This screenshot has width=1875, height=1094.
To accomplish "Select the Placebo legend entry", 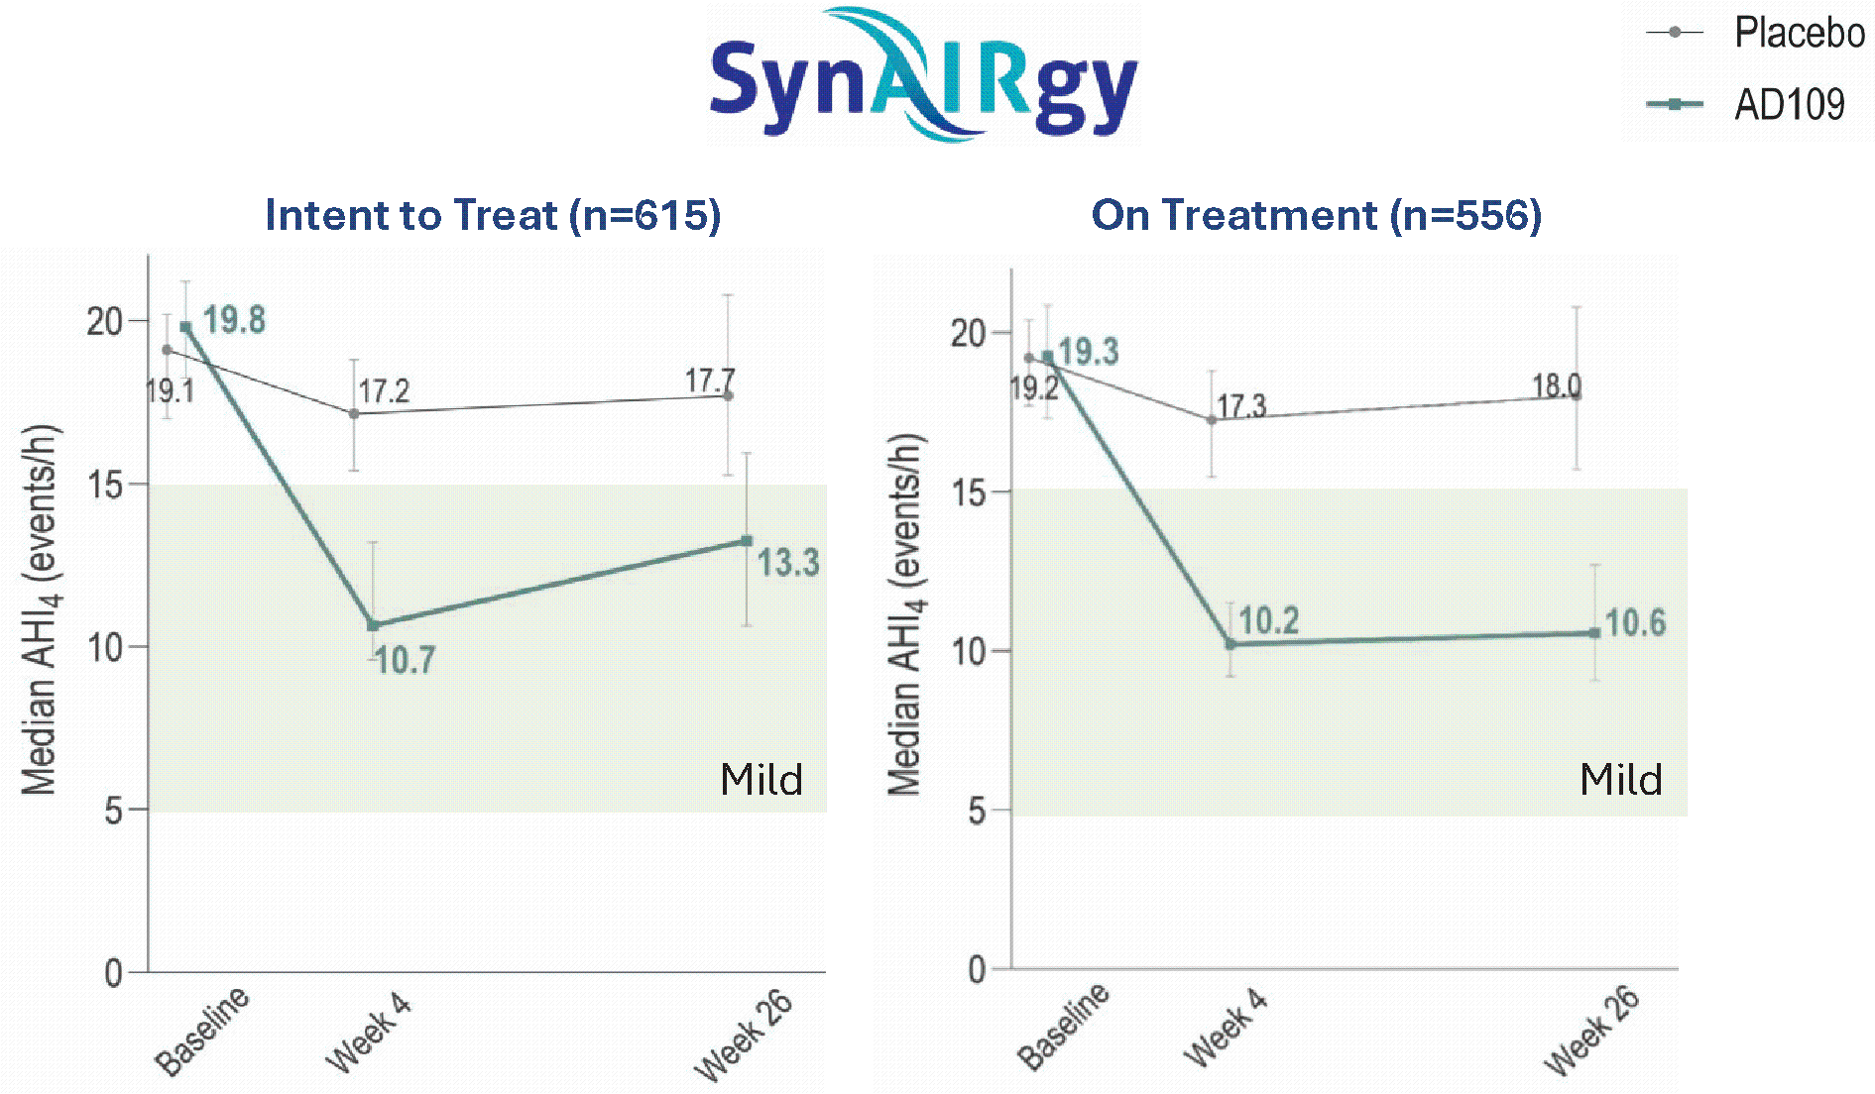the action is (1755, 33).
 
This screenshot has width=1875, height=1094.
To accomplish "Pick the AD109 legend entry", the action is (1745, 104).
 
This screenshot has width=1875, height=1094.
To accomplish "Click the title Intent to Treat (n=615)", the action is (493, 215).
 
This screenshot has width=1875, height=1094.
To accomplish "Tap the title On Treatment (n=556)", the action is (1317, 215).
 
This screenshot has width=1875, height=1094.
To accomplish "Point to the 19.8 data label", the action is (235, 320).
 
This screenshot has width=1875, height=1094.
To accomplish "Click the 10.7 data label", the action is (405, 660).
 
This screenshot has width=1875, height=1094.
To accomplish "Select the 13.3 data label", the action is (788, 563).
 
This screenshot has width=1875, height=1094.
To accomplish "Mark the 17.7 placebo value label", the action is (710, 381).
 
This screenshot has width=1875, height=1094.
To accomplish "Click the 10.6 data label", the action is (1636, 622).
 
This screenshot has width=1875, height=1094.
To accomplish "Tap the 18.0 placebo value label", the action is (1557, 385).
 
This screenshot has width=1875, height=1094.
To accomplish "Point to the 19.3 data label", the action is (1089, 351).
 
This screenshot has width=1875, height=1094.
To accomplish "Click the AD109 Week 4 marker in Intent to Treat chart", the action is (373, 625).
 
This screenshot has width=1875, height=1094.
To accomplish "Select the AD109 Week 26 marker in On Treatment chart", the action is (1594, 633).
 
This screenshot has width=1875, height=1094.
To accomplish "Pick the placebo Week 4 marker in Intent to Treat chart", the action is (354, 413).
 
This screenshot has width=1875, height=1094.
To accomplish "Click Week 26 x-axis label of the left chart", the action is (744, 1036).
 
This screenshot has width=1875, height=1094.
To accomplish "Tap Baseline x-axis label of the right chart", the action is (1064, 1027).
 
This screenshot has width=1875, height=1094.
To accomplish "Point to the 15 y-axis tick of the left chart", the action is (104, 485).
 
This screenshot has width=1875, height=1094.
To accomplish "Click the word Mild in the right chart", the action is (1621, 780).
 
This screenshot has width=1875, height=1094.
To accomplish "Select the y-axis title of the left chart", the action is (40, 609).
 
